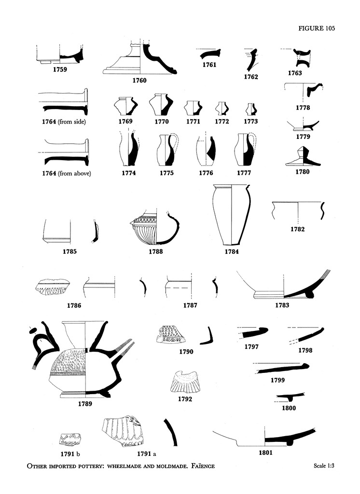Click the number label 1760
(139, 81)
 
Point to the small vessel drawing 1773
(250, 108)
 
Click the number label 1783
(282, 305)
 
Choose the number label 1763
(294, 73)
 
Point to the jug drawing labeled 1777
(244, 150)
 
